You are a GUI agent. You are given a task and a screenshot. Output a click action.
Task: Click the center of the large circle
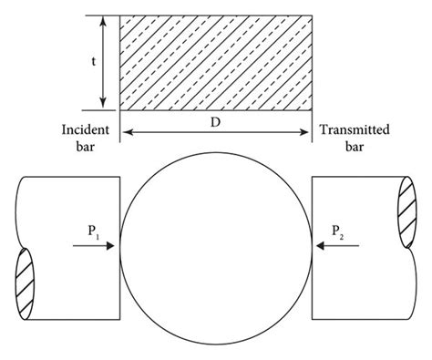tap(216, 244)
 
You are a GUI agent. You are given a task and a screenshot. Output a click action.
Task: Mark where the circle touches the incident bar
tap(121, 244)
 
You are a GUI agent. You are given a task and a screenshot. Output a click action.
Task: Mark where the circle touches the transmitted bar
tap(312, 244)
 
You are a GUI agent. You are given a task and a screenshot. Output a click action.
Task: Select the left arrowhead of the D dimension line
tap(126, 133)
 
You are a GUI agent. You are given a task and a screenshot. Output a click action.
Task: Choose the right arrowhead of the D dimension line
tap(307, 133)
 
